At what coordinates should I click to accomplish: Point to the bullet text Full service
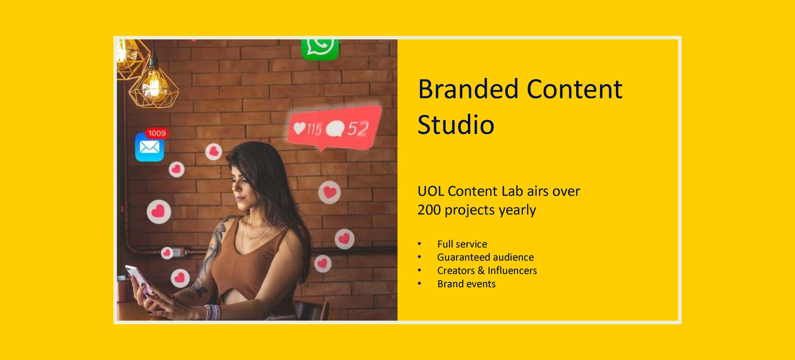(462, 244)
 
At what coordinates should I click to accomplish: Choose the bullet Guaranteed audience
(486, 257)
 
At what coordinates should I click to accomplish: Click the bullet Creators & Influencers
(487, 271)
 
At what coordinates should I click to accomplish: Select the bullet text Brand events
(466, 284)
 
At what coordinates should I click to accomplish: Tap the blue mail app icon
(149, 147)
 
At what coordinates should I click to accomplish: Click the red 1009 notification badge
(157, 133)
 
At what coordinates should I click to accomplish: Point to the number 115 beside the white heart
(314, 129)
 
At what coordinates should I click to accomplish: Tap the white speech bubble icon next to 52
(334, 129)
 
